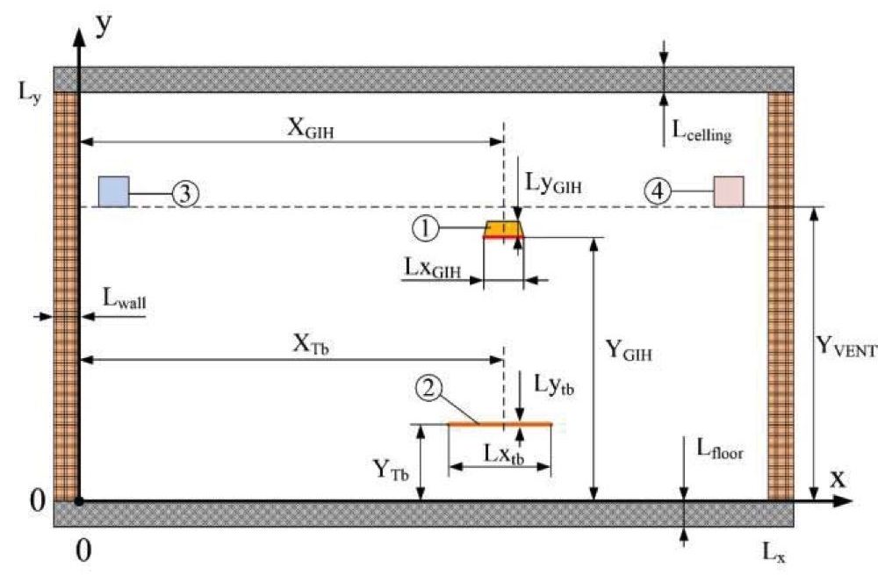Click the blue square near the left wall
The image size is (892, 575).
[x=114, y=190]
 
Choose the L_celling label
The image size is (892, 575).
[x=701, y=133]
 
